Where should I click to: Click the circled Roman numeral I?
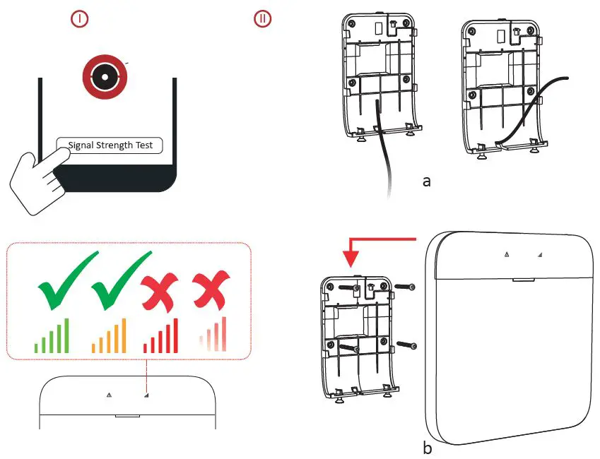pos(80,20)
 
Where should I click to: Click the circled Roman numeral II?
pos(262,20)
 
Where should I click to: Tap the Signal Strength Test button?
pos(110,146)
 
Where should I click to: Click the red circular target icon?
pos(104,76)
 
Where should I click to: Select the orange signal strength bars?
pos(110,336)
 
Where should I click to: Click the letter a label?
pos(426,181)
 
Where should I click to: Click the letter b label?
pos(425,448)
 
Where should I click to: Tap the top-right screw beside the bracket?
pos(406,287)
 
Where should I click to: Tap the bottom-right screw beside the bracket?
pos(406,345)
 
